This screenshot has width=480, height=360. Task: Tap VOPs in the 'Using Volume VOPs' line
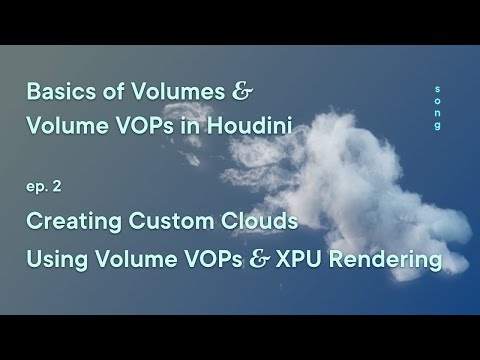point(214,260)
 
